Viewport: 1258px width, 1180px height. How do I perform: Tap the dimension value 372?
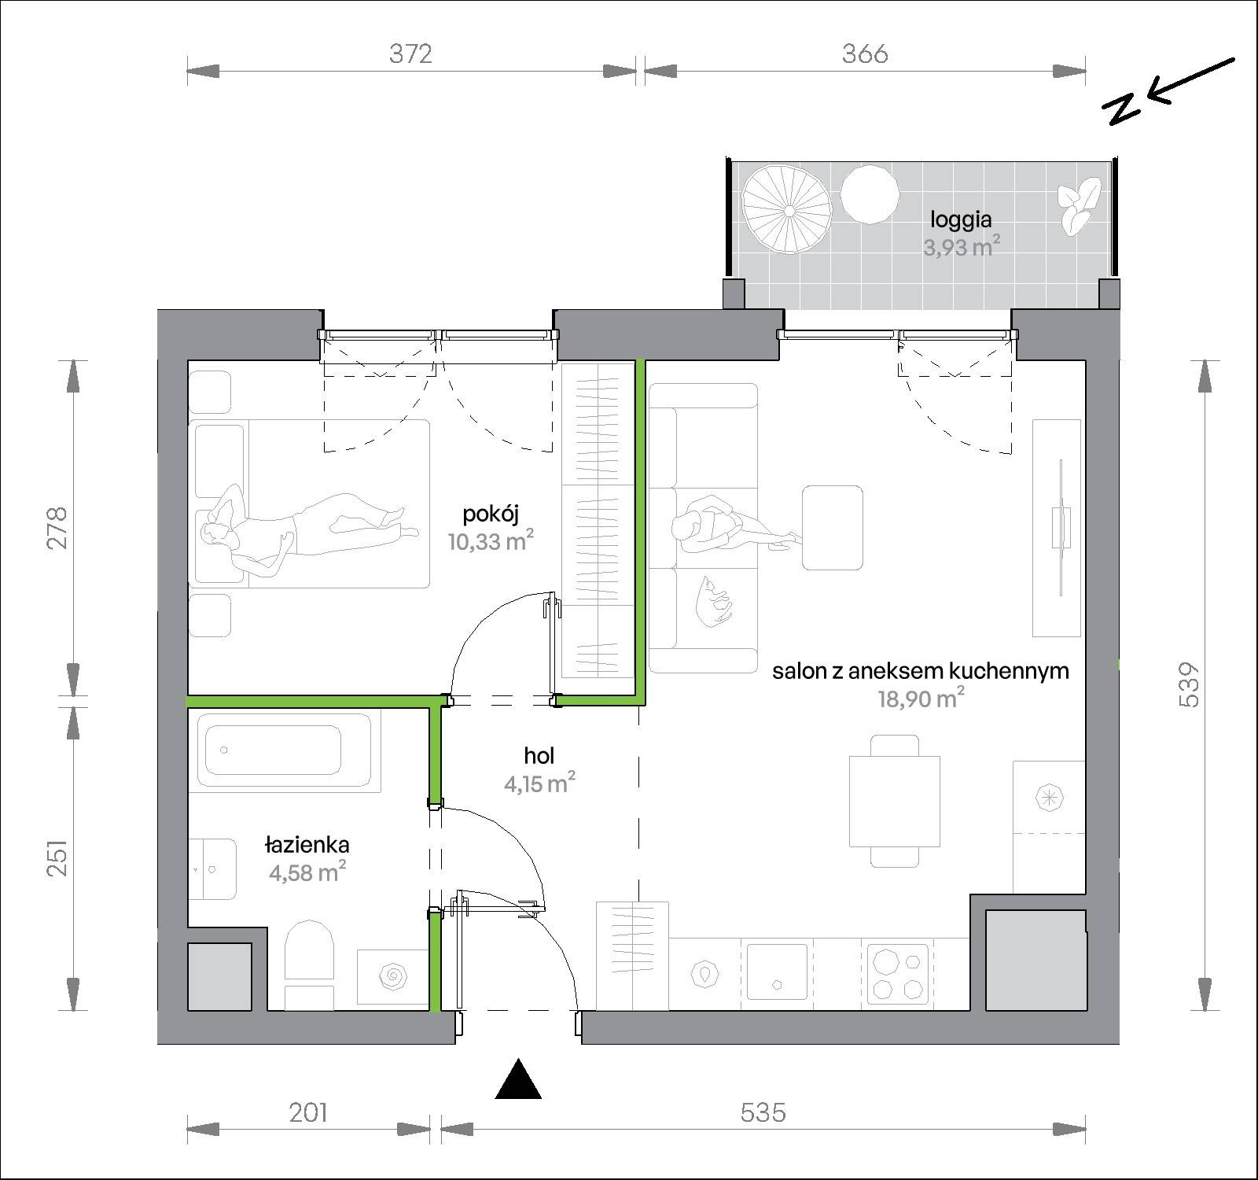[411, 53]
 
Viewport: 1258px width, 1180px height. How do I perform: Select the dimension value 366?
[865, 53]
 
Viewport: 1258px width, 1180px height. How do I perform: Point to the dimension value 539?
[1190, 684]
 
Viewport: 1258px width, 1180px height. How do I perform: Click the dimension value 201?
[308, 1112]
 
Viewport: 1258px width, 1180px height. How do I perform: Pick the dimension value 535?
[763, 1112]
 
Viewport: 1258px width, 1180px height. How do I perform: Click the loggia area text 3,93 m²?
[962, 247]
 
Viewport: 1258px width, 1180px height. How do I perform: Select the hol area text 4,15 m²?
[539, 784]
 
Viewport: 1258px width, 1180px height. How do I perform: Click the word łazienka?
[307, 845]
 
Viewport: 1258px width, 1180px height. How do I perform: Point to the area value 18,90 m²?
[921, 699]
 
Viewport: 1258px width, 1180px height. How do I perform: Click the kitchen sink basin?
[777, 972]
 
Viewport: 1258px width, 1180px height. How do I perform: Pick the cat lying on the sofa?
[714, 602]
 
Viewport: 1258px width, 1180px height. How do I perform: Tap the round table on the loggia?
[870, 194]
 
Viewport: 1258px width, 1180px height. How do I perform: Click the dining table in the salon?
[895, 801]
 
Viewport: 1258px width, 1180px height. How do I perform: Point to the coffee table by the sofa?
[833, 527]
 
